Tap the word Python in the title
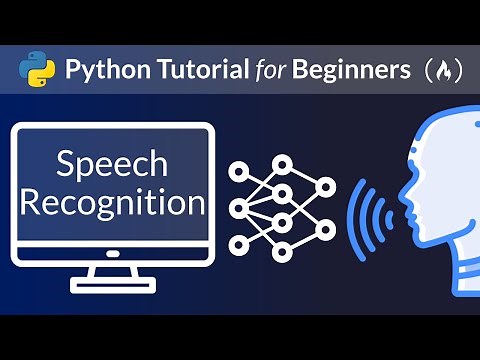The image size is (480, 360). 102,70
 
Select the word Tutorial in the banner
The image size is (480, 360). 196,69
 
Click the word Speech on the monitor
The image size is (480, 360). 114,163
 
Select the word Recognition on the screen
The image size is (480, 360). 113,203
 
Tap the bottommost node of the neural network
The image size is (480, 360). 281,252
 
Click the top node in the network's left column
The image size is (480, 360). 238,171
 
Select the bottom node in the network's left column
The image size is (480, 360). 238,244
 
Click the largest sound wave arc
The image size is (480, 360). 354,208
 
